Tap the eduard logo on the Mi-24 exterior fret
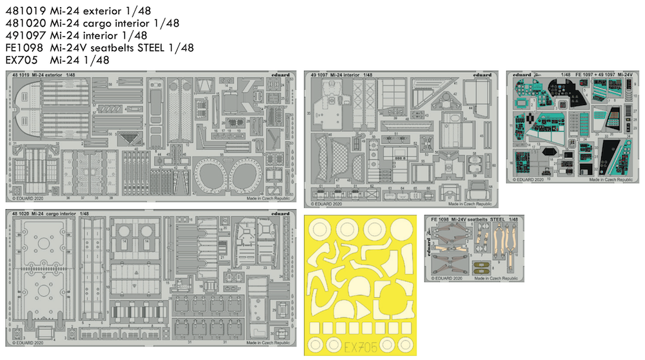coord(279,75)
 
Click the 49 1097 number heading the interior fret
coord(320,75)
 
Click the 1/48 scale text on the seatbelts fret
coord(513,219)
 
